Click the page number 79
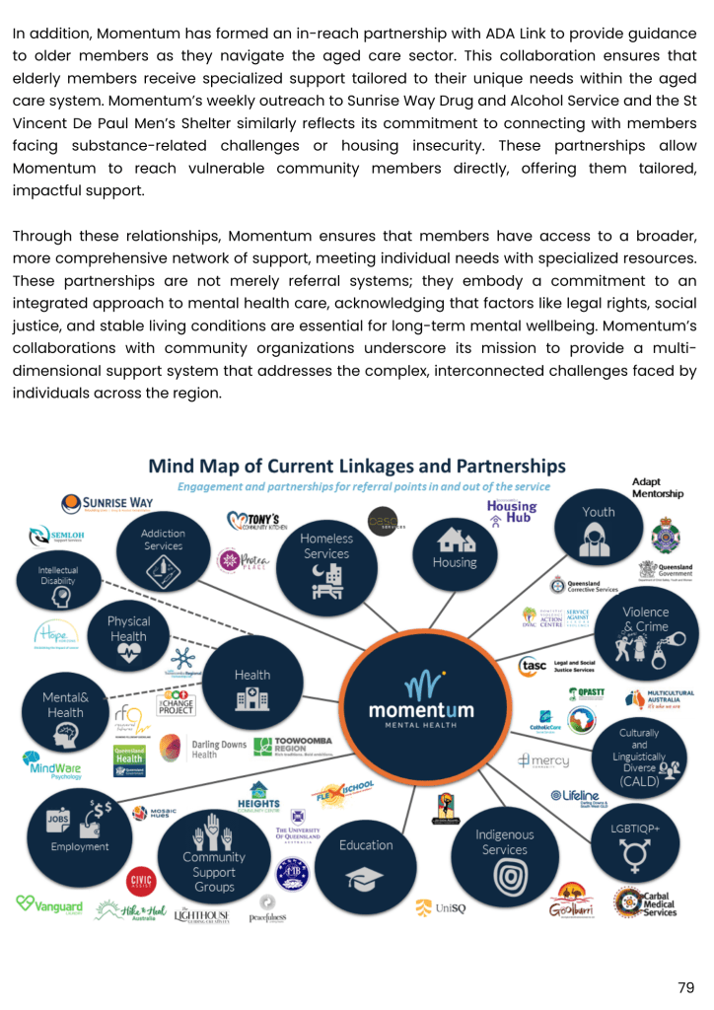pyautogui.click(x=686, y=987)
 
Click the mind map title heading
pyautogui.click(x=356, y=466)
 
